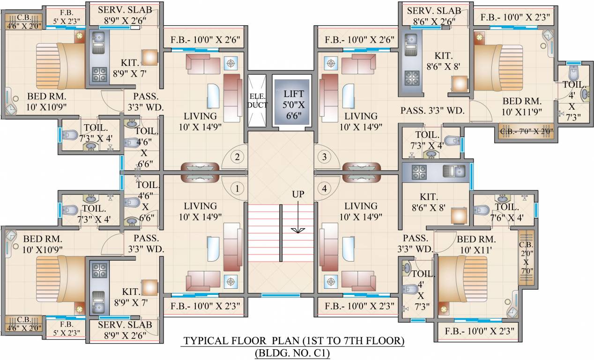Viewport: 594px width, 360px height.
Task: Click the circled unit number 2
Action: pos(237,157)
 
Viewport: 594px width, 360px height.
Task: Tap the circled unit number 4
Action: pos(324,188)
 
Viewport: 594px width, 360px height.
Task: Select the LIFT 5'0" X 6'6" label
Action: pos(293,105)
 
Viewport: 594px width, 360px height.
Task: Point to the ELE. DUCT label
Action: pos(257,101)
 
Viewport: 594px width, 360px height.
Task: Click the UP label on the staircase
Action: pos(298,194)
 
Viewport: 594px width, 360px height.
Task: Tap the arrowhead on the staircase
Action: pos(298,230)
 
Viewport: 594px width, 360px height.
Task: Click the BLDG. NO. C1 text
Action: pos(292,353)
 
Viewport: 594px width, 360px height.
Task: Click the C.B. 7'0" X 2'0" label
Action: pos(527,131)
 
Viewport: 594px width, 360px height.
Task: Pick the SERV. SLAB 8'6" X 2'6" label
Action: pos(434,16)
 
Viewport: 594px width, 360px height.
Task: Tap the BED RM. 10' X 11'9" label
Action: pos(521,106)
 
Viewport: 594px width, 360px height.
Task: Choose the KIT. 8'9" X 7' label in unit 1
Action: pos(131,297)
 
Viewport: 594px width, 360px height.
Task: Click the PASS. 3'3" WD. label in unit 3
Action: pos(432,111)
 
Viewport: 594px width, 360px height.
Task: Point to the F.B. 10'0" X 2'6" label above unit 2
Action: pos(205,40)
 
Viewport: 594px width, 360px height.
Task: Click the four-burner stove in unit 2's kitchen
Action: pos(100,74)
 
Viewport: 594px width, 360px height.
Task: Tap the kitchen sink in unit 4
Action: pos(454,171)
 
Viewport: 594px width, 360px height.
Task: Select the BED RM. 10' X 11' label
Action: pos(476,244)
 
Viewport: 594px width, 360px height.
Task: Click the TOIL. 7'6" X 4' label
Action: pos(507,212)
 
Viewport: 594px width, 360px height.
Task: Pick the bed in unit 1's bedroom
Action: pos(61,279)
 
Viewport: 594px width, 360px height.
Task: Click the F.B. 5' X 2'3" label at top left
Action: pos(67,17)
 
